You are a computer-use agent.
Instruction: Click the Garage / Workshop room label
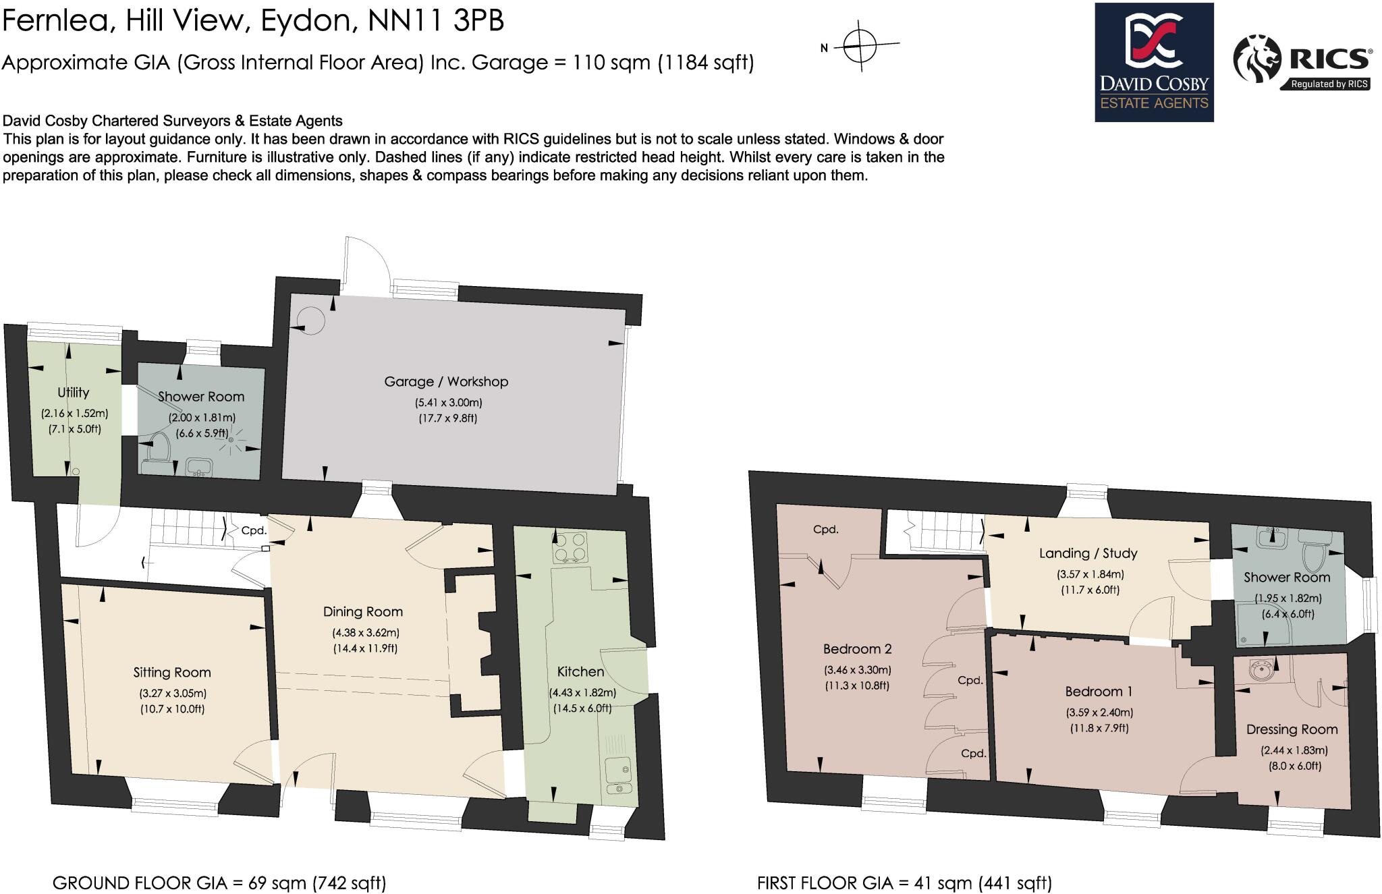(x=446, y=382)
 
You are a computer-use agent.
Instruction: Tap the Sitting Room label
(x=172, y=673)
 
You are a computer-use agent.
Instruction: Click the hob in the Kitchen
(x=570, y=547)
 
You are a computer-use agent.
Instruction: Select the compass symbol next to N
(x=861, y=47)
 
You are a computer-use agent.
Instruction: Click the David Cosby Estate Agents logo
(x=1154, y=62)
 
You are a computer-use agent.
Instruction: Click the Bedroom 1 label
(x=1099, y=692)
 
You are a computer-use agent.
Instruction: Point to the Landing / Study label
(x=1088, y=554)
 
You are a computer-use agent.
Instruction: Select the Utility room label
(x=73, y=393)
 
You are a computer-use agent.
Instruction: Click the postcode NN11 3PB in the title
(x=436, y=22)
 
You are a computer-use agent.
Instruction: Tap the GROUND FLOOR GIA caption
(x=219, y=883)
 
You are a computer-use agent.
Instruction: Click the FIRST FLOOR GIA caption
(x=904, y=883)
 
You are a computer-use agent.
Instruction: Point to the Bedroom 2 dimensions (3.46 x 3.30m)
(x=857, y=671)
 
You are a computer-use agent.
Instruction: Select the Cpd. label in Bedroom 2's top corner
(x=826, y=530)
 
